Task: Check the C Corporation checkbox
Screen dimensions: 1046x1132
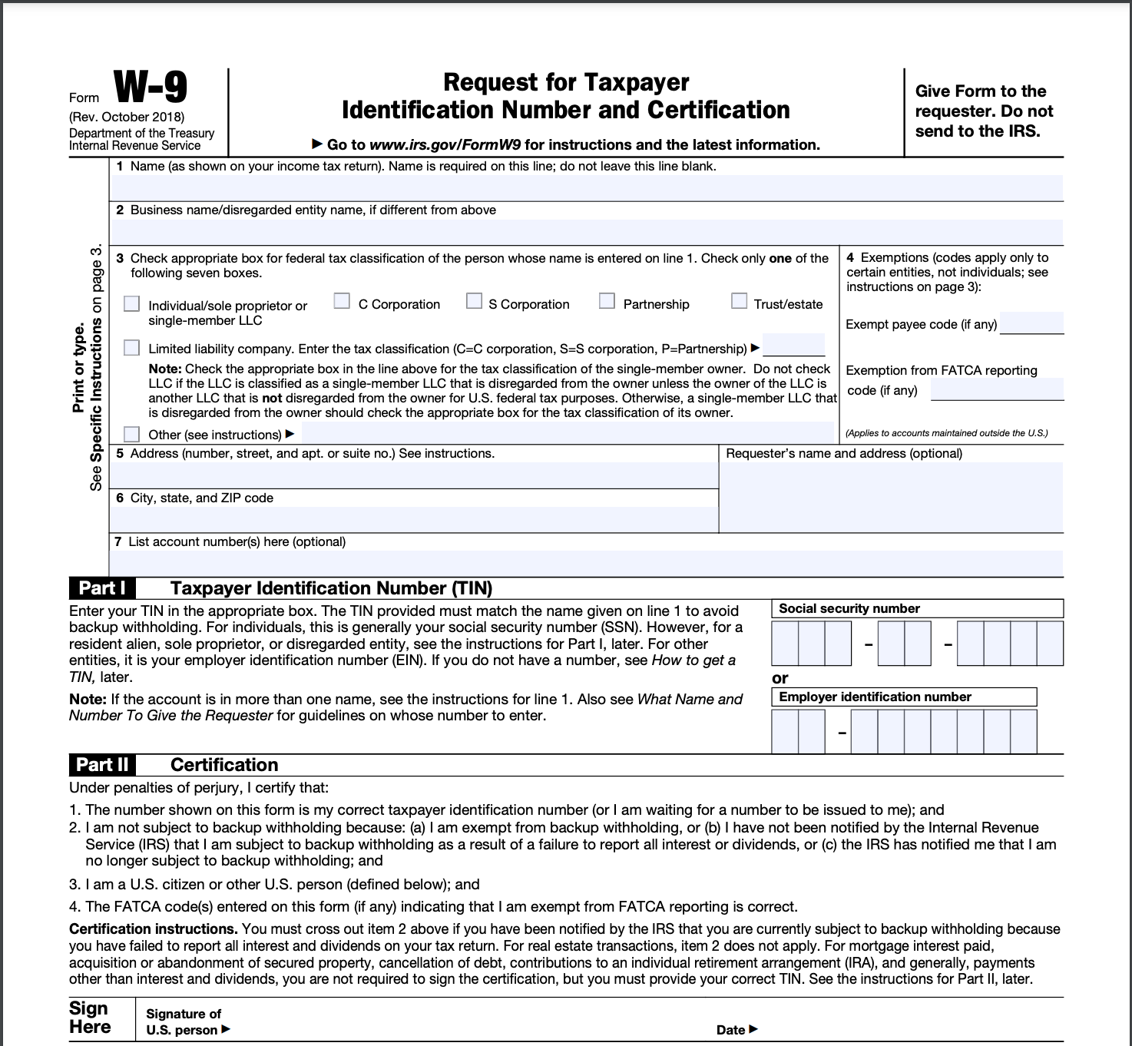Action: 342,301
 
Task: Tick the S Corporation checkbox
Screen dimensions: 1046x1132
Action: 475,301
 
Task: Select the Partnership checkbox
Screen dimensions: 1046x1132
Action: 607,301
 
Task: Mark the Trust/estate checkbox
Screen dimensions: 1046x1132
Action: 739,301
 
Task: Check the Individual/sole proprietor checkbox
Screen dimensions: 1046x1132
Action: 132,304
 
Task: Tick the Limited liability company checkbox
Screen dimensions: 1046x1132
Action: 132,348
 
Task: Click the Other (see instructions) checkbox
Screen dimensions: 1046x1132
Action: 132,435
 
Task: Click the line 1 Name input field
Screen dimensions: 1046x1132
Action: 587,187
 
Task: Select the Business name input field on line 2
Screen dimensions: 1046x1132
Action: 587,231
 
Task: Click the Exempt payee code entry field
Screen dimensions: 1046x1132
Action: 1031,323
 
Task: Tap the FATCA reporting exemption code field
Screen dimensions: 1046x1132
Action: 997,389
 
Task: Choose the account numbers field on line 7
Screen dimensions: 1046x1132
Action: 587,562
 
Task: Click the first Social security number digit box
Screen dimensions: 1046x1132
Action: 785,643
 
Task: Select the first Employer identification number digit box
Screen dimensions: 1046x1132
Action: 785,731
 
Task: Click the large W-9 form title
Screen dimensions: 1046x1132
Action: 151,88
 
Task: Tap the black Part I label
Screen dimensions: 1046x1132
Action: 102,588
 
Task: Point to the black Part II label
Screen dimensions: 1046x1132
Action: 102,765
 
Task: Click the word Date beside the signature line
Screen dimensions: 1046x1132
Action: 731,1030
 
